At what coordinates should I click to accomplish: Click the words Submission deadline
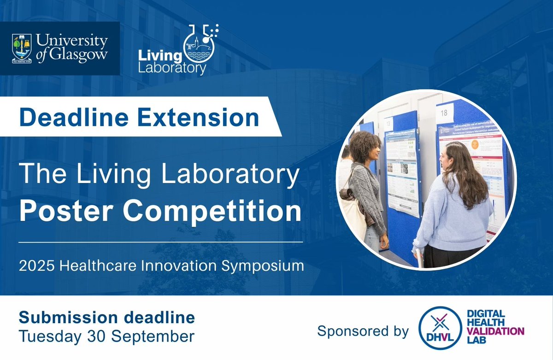[106, 317]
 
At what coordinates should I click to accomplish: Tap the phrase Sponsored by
[363, 331]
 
